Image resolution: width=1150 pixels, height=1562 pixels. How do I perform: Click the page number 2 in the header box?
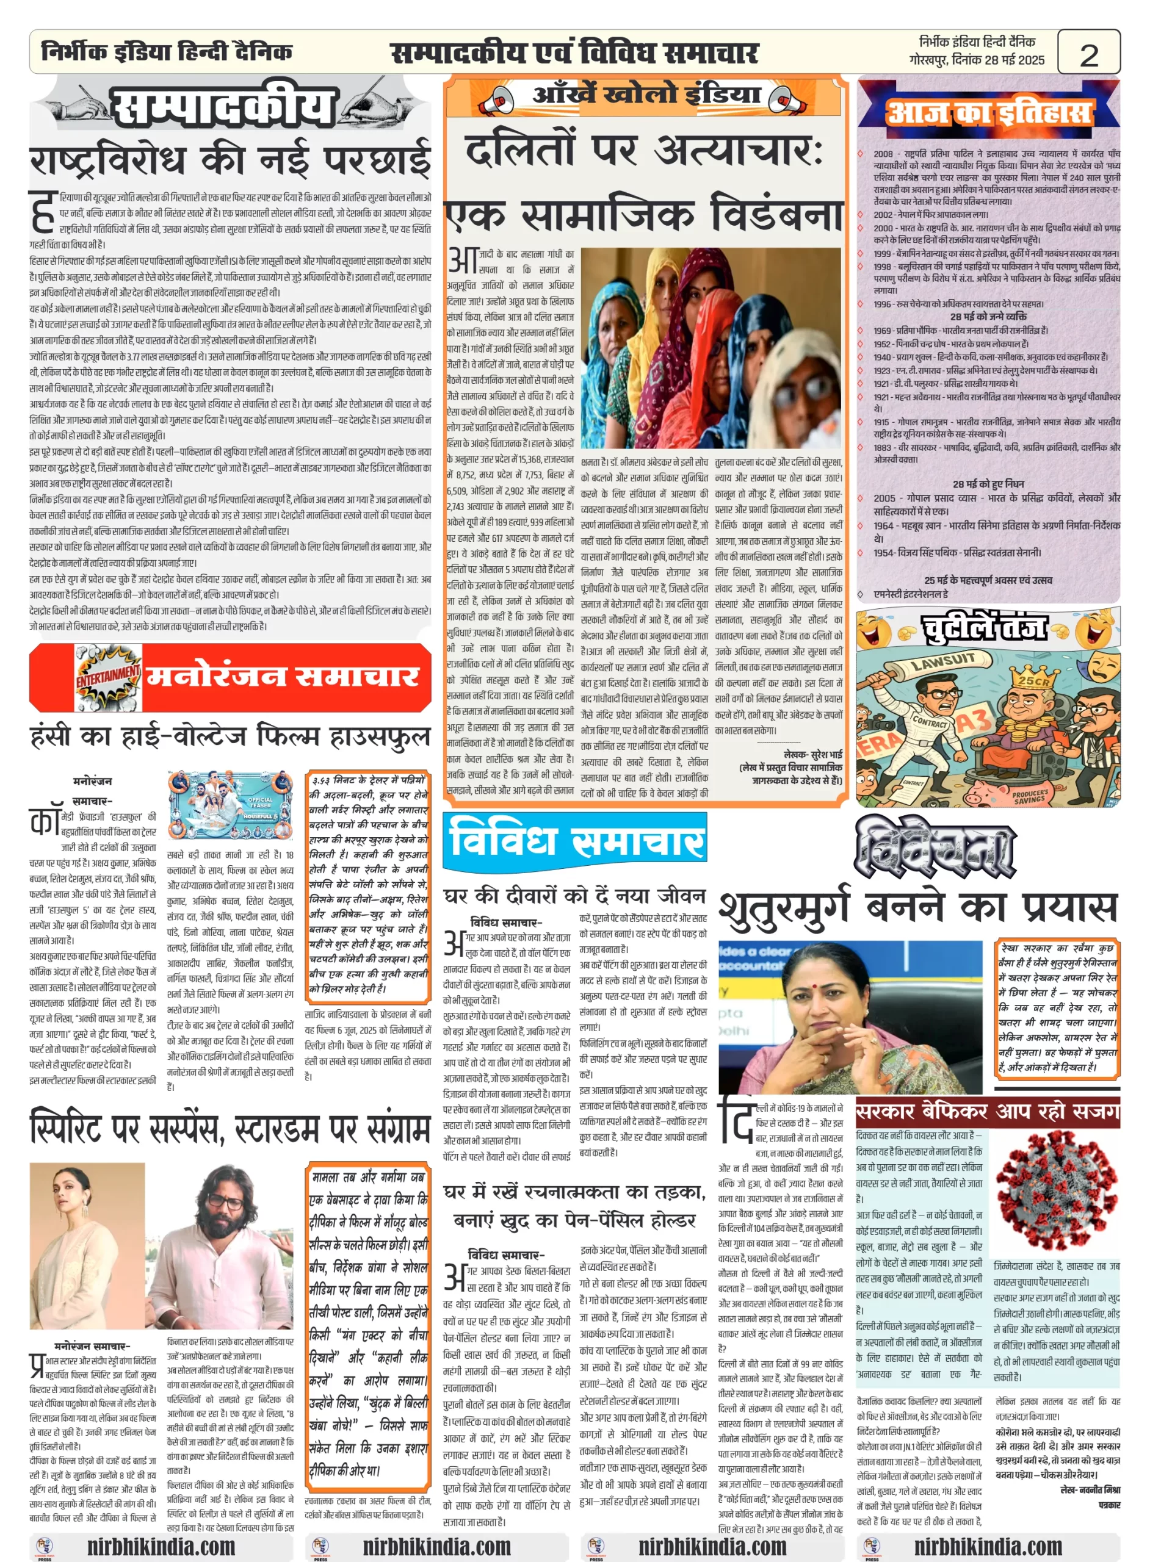click(1088, 54)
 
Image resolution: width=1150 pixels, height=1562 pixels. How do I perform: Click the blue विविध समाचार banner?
click(575, 841)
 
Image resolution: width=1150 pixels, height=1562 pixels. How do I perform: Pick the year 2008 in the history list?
click(883, 154)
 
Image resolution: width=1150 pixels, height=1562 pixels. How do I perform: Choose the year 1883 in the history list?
click(883, 447)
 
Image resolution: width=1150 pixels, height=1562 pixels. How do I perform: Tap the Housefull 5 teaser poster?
click(230, 807)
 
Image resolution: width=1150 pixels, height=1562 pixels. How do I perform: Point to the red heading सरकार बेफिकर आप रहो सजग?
click(987, 1111)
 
